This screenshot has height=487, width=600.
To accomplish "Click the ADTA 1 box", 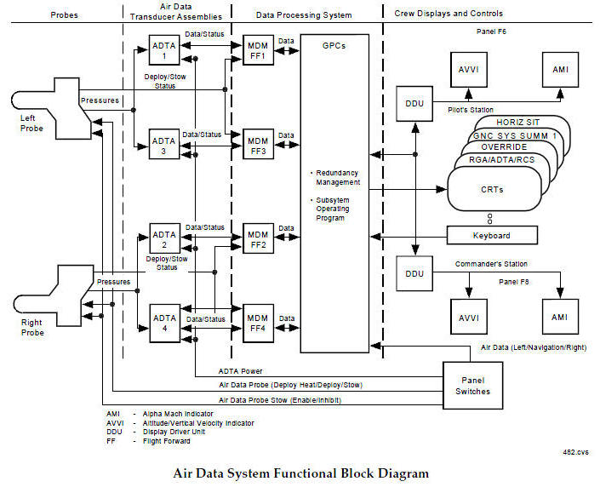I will (163, 51).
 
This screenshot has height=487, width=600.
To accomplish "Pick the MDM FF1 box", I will (255, 51).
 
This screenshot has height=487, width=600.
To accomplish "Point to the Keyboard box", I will (493, 235).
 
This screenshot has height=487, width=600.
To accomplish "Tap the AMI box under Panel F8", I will (559, 317).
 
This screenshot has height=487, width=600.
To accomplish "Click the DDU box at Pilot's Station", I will (415, 103).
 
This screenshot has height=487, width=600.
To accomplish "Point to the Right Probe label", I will (32, 328).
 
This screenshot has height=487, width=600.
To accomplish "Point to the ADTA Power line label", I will (240, 371).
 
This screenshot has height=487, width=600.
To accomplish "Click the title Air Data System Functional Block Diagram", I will (300, 473).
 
